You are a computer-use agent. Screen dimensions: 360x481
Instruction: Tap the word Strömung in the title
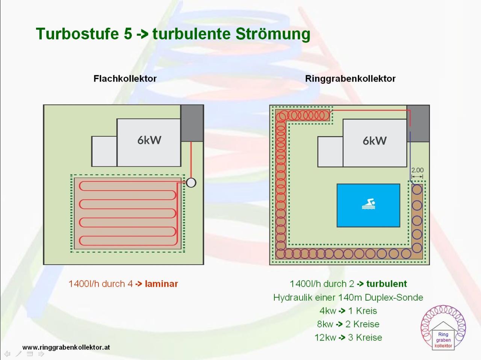click(273, 33)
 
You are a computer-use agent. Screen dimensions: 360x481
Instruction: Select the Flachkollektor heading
click(125, 79)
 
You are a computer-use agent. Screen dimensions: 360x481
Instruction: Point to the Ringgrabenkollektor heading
click(350, 79)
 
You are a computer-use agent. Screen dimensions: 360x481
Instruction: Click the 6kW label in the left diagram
click(149, 140)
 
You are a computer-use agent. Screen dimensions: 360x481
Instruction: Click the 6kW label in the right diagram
click(375, 141)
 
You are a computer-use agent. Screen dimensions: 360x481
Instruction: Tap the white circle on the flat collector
click(191, 183)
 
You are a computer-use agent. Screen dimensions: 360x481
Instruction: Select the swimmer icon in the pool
click(369, 204)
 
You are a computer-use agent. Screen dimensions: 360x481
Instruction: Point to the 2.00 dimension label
click(417, 170)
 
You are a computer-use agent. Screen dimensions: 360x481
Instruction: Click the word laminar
click(161, 284)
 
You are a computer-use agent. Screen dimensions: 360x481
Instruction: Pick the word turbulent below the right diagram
click(386, 284)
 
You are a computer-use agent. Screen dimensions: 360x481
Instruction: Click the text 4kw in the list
click(328, 311)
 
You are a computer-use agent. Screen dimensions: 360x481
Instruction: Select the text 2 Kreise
click(362, 324)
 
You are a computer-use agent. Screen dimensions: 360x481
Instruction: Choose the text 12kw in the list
click(325, 337)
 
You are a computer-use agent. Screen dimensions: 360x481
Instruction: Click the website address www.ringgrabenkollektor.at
click(66, 347)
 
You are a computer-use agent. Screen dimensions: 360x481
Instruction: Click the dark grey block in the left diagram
click(192, 123)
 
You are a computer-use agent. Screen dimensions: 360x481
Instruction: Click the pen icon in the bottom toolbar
click(18, 354)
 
